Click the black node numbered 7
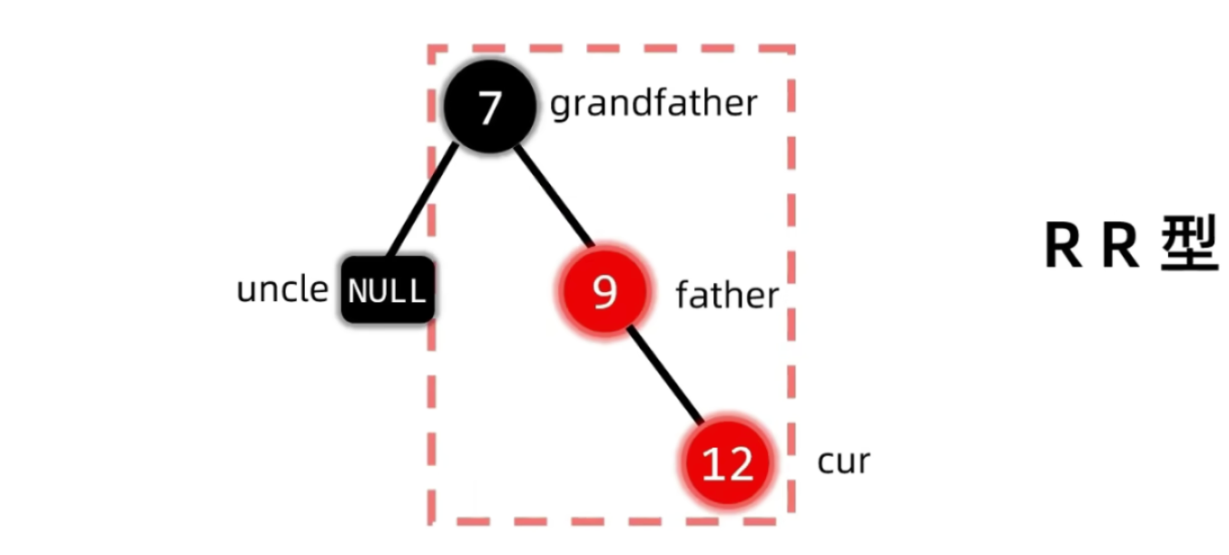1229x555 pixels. (489, 107)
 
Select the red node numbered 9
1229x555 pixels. (604, 292)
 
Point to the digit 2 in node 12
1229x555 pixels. (740, 464)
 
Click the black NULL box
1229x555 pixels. (388, 291)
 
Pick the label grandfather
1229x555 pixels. (654, 104)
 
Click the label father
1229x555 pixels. (727, 296)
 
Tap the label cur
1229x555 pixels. (843, 462)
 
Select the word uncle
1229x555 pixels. (282, 289)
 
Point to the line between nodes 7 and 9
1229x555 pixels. (553, 194)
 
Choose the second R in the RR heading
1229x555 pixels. (1120, 246)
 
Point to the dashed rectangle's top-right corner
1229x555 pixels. (792, 49)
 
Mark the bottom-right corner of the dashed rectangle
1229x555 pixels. (792, 521)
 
